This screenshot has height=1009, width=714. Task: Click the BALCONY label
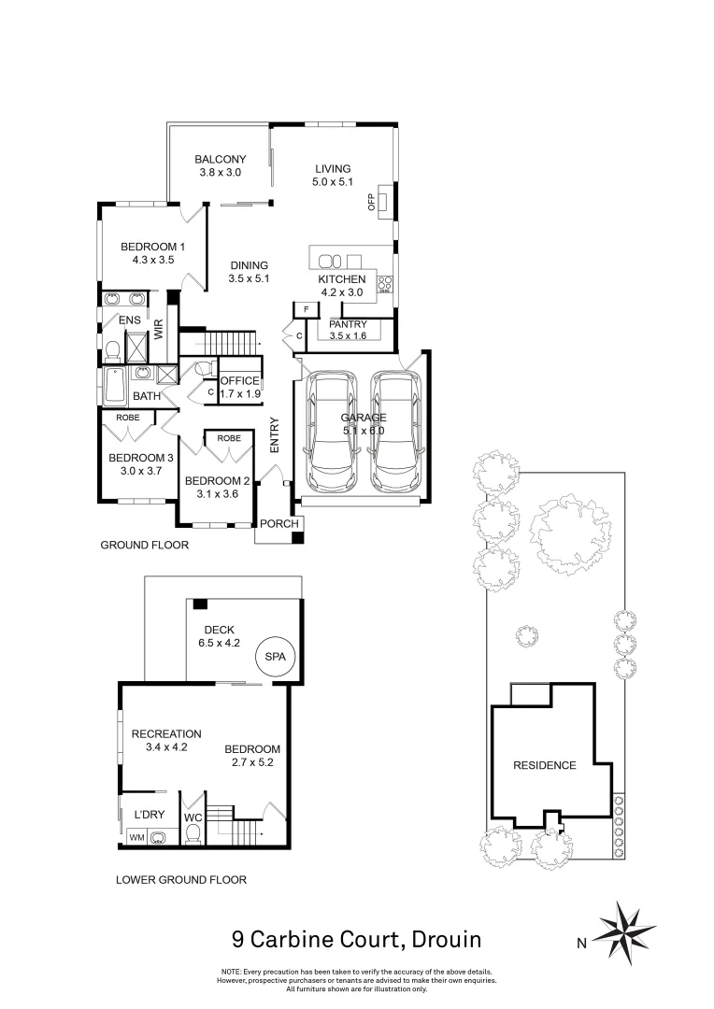(221, 160)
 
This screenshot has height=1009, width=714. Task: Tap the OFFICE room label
(239, 381)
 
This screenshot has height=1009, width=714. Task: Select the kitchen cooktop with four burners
(384, 284)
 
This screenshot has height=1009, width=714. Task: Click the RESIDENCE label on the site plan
(545, 765)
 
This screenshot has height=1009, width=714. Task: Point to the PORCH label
(278, 524)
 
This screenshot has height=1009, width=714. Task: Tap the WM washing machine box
(136, 837)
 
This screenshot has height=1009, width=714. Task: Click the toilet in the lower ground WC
(193, 834)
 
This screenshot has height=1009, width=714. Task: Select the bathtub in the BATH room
(115, 382)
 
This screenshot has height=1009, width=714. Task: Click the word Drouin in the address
(442, 938)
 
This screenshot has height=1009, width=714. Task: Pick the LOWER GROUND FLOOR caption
(180, 879)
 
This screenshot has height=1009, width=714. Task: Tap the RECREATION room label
(166, 734)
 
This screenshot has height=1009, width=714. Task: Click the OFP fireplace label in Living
(371, 201)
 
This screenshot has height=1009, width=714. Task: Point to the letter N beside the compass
(580, 942)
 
